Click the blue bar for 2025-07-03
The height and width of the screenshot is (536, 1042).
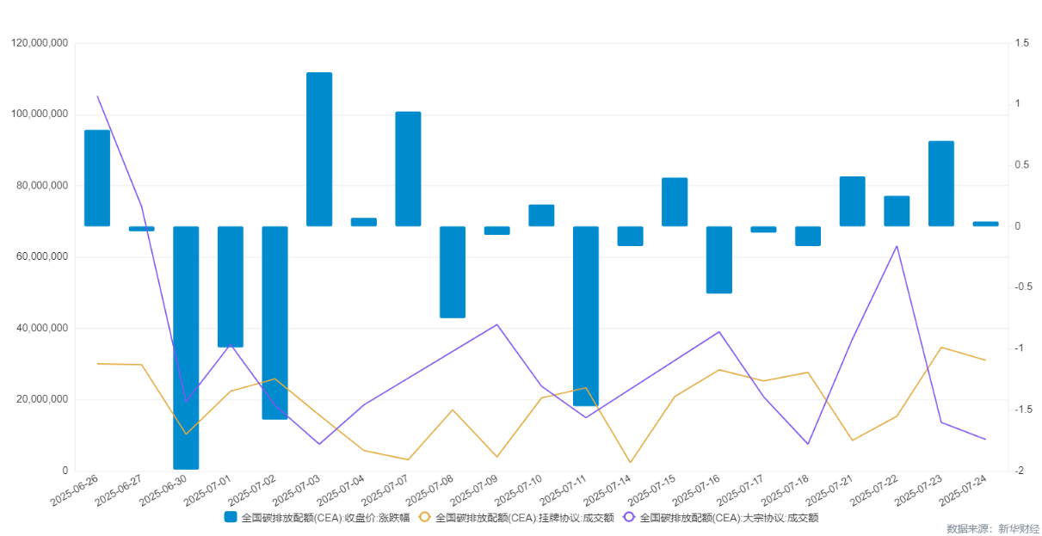(x=319, y=149)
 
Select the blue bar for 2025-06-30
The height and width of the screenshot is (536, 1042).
(x=186, y=348)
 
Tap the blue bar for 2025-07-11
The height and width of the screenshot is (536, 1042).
(x=586, y=316)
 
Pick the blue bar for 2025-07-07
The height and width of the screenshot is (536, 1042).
(x=408, y=169)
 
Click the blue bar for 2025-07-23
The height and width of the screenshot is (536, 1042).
(x=941, y=183)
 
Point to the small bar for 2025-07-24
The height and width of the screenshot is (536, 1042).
(x=985, y=224)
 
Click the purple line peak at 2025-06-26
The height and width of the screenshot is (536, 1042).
(x=97, y=96)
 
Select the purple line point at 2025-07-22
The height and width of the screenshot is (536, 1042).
(x=897, y=246)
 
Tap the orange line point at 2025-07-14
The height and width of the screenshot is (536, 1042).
(x=631, y=462)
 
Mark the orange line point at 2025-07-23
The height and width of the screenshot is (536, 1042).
(x=941, y=348)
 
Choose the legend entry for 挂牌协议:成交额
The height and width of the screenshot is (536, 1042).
(x=515, y=518)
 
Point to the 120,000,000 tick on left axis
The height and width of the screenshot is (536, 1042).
(x=40, y=43)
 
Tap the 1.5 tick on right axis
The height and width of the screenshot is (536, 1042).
(x=1020, y=43)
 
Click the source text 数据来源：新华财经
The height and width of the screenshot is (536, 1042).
(x=993, y=528)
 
